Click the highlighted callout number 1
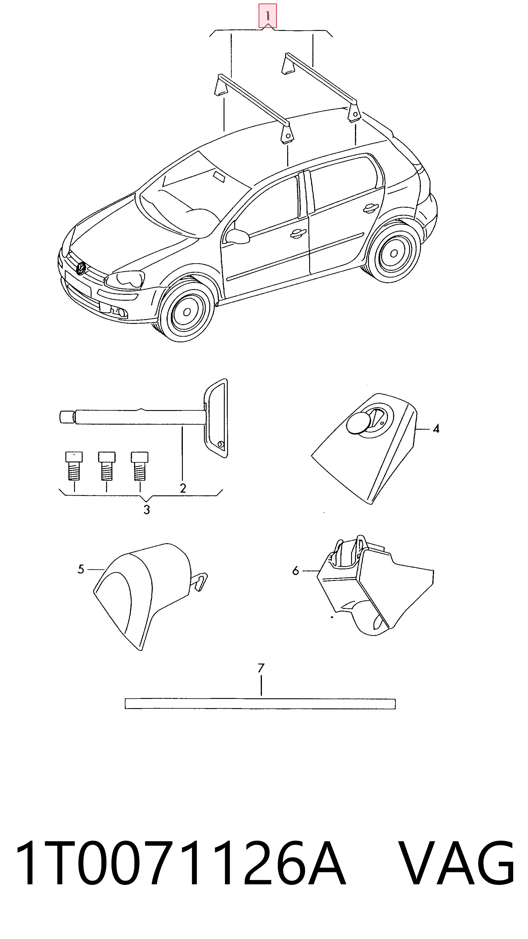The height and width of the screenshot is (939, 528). point(268,16)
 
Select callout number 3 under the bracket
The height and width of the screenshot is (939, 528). point(147,510)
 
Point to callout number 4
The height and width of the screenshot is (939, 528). point(436,429)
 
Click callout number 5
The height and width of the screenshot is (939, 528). point(81,569)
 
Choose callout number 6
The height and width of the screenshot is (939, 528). point(295,571)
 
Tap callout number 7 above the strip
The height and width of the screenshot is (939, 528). point(261,668)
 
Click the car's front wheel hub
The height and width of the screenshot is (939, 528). point(187,312)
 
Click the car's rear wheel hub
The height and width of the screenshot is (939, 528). point(394,253)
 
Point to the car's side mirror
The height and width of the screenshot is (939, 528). point(237,236)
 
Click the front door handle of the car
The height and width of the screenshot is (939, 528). point(298,234)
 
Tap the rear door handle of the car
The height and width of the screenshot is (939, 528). point(370,208)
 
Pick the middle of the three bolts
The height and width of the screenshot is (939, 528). point(106,466)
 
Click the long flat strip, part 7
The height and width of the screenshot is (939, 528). point(260,704)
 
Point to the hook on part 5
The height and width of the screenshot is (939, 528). point(200,582)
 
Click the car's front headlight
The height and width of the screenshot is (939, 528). point(124,280)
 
